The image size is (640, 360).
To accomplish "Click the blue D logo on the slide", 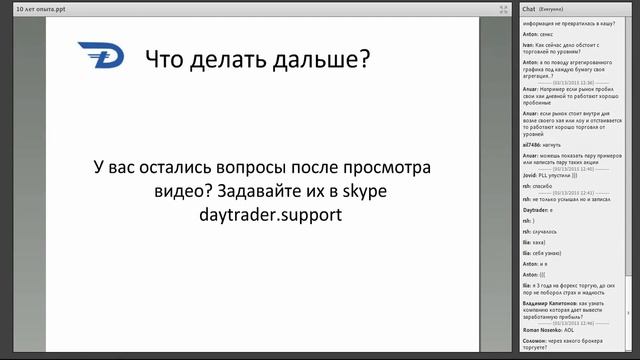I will [x=99, y=58].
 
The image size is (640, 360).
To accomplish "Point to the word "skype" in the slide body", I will [x=358, y=190].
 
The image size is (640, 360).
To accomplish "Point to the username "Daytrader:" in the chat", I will [x=538, y=210].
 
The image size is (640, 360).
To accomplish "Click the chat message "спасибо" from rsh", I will [x=543, y=186].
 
